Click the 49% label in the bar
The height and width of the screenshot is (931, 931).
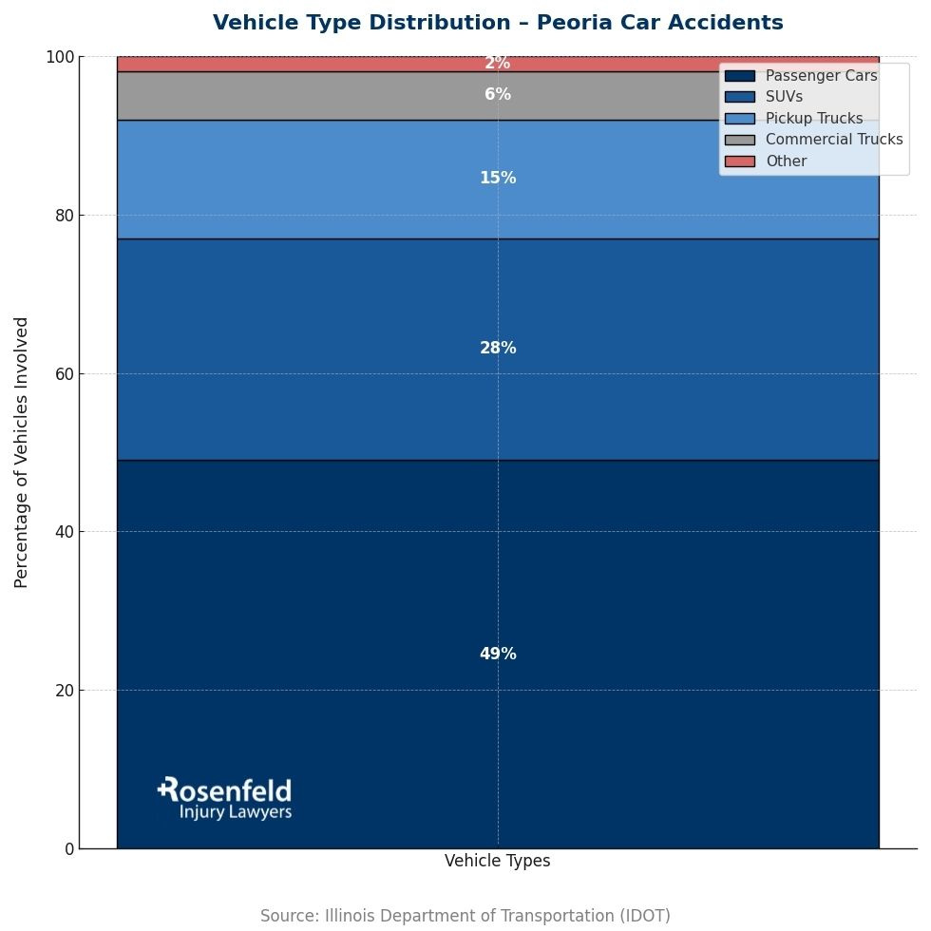click(x=498, y=655)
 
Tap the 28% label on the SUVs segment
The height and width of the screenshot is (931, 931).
click(x=498, y=349)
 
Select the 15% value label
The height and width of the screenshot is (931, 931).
click(x=498, y=179)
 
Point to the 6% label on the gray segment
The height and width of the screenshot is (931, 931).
click(x=498, y=95)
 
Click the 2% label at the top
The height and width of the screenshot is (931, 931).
click(x=498, y=64)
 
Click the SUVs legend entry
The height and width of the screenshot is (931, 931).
click(x=784, y=97)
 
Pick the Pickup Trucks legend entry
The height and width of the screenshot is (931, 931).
click(x=814, y=119)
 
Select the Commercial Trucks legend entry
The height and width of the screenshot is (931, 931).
click(x=834, y=140)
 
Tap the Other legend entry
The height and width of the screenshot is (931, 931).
click(x=786, y=161)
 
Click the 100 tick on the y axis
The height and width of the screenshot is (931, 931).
click(x=60, y=58)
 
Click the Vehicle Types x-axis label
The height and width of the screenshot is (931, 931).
click(x=498, y=862)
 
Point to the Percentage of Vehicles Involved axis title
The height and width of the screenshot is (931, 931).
click(x=22, y=452)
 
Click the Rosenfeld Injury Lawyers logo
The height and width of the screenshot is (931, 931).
click(x=225, y=798)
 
